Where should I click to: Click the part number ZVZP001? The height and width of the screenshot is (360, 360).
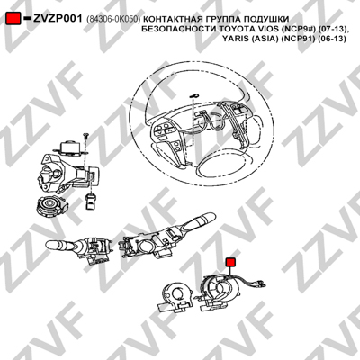(58, 19)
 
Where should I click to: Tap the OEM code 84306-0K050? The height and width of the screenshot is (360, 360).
(113, 19)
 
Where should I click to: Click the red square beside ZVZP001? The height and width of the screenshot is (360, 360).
(13, 18)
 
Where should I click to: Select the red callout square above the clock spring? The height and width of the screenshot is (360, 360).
(230, 262)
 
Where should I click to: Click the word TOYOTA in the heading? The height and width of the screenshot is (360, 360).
(235, 29)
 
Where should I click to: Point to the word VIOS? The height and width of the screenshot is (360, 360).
(263, 29)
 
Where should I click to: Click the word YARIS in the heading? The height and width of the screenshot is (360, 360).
(234, 39)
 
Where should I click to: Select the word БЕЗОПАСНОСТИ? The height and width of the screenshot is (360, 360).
(179, 29)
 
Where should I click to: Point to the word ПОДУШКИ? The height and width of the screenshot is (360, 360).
(266, 19)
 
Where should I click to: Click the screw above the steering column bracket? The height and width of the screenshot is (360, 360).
(85, 140)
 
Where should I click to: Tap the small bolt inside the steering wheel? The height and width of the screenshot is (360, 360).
(195, 95)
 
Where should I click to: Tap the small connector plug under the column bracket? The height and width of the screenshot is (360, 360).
(91, 201)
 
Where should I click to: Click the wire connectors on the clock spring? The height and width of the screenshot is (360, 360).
(257, 283)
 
